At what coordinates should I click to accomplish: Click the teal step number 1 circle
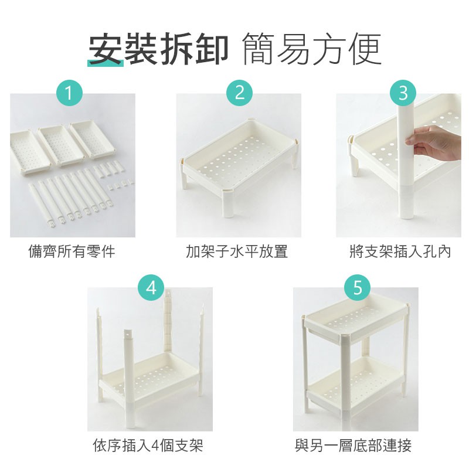[69, 93]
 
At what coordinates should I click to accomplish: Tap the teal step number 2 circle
[239, 93]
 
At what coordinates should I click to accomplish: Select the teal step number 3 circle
[403, 93]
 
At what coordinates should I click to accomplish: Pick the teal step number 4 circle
[151, 287]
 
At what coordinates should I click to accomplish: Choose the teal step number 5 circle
[357, 287]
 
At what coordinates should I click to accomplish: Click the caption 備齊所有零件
[72, 252]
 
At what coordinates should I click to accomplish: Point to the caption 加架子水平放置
[237, 252]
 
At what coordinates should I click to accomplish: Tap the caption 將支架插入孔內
[400, 252]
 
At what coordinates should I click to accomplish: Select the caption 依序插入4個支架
[148, 446]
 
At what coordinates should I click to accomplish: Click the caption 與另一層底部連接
[354, 446]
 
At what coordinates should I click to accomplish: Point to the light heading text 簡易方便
[312, 49]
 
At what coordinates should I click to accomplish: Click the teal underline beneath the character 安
[106, 63]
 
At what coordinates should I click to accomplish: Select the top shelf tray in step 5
[356, 319]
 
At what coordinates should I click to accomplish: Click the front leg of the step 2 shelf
[227, 204]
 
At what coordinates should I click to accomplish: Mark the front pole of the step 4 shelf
[129, 378]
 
